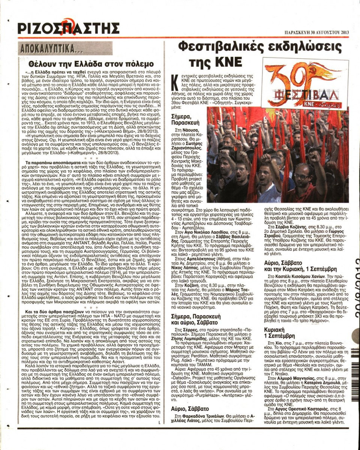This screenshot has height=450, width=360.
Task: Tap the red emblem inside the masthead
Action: coord(67,25)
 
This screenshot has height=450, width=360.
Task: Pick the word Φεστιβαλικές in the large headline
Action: coord(221,48)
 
